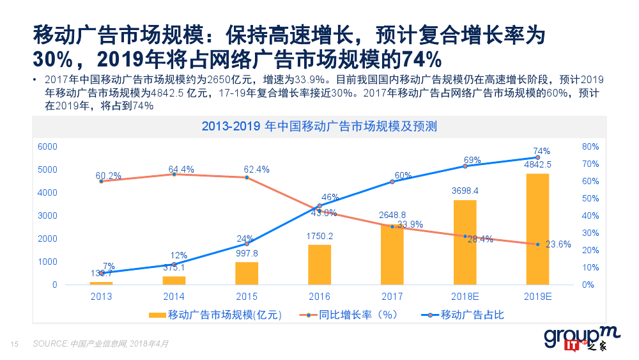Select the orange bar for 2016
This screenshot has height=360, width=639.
319,265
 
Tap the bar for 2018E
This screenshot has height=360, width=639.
465,242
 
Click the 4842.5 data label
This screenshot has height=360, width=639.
537,164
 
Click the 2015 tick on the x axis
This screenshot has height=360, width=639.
247,296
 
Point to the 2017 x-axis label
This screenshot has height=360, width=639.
392,296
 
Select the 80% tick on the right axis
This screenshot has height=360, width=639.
590,146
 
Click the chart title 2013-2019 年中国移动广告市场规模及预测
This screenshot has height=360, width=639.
319,126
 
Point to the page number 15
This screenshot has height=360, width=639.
14,344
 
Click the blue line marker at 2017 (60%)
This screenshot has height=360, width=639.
392,182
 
